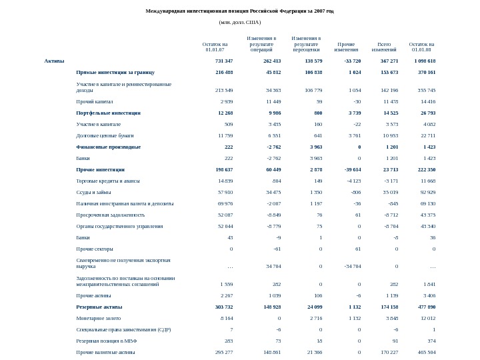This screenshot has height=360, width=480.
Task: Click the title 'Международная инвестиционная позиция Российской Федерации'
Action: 239,11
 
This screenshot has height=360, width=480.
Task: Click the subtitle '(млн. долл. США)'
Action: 240,22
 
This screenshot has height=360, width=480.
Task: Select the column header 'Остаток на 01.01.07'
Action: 215,47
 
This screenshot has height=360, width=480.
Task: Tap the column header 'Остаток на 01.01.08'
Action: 421,47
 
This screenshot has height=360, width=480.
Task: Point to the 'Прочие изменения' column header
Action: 346,47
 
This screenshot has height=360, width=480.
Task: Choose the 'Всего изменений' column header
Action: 384,47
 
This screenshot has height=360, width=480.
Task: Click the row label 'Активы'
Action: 55,61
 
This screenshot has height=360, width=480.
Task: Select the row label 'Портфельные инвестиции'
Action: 109,113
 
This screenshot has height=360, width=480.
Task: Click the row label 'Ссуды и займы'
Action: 93,192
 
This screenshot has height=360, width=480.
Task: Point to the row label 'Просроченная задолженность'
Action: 110,215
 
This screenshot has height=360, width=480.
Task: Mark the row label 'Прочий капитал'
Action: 95,102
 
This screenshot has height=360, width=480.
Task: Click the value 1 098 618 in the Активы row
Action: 423,61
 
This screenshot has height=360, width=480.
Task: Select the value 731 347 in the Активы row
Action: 220,61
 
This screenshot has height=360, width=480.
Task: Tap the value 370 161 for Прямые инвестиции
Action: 426,72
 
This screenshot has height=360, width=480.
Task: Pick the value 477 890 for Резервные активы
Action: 426,307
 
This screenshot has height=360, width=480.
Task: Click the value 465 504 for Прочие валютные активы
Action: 426,351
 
